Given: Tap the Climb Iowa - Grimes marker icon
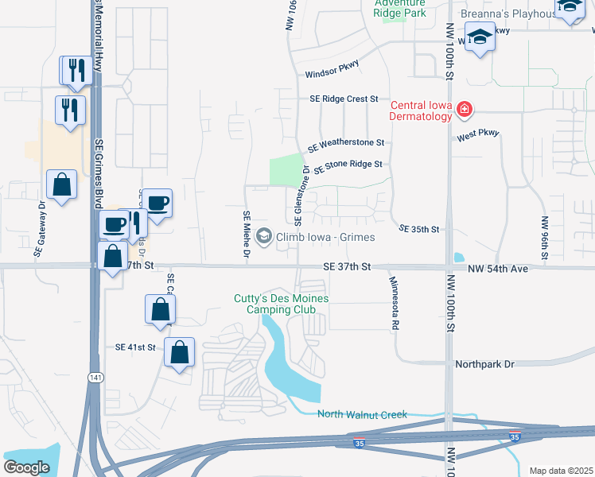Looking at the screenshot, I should pyautogui.click(x=264, y=237).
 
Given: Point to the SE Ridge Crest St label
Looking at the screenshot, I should pyautogui.click(x=344, y=99).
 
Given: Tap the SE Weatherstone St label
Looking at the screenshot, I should pyautogui.click(x=346, y=145).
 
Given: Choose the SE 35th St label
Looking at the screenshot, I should pyautogui.click(x=419, y=229).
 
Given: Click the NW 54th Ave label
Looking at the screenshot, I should pyautogui.click(x=498, y=269).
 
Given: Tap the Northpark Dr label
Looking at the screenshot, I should pyautogui.click(x=485, y=364).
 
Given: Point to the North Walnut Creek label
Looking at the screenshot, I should pyautogui.click(x=362, y=414).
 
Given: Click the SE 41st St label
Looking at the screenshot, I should pyautogui.click(x=137, y=347).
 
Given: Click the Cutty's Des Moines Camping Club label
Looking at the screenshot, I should pyautogui.click(x=281, y=304).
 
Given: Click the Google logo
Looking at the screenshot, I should pyautogui.click(x=26, y=467).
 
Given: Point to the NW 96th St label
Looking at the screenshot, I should pyautogui.click(x=545, y=238).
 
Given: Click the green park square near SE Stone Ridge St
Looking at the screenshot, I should pyautogui.click(x=286, y=170).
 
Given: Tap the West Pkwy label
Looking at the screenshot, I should pyautogui.click(x=477, y=135).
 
